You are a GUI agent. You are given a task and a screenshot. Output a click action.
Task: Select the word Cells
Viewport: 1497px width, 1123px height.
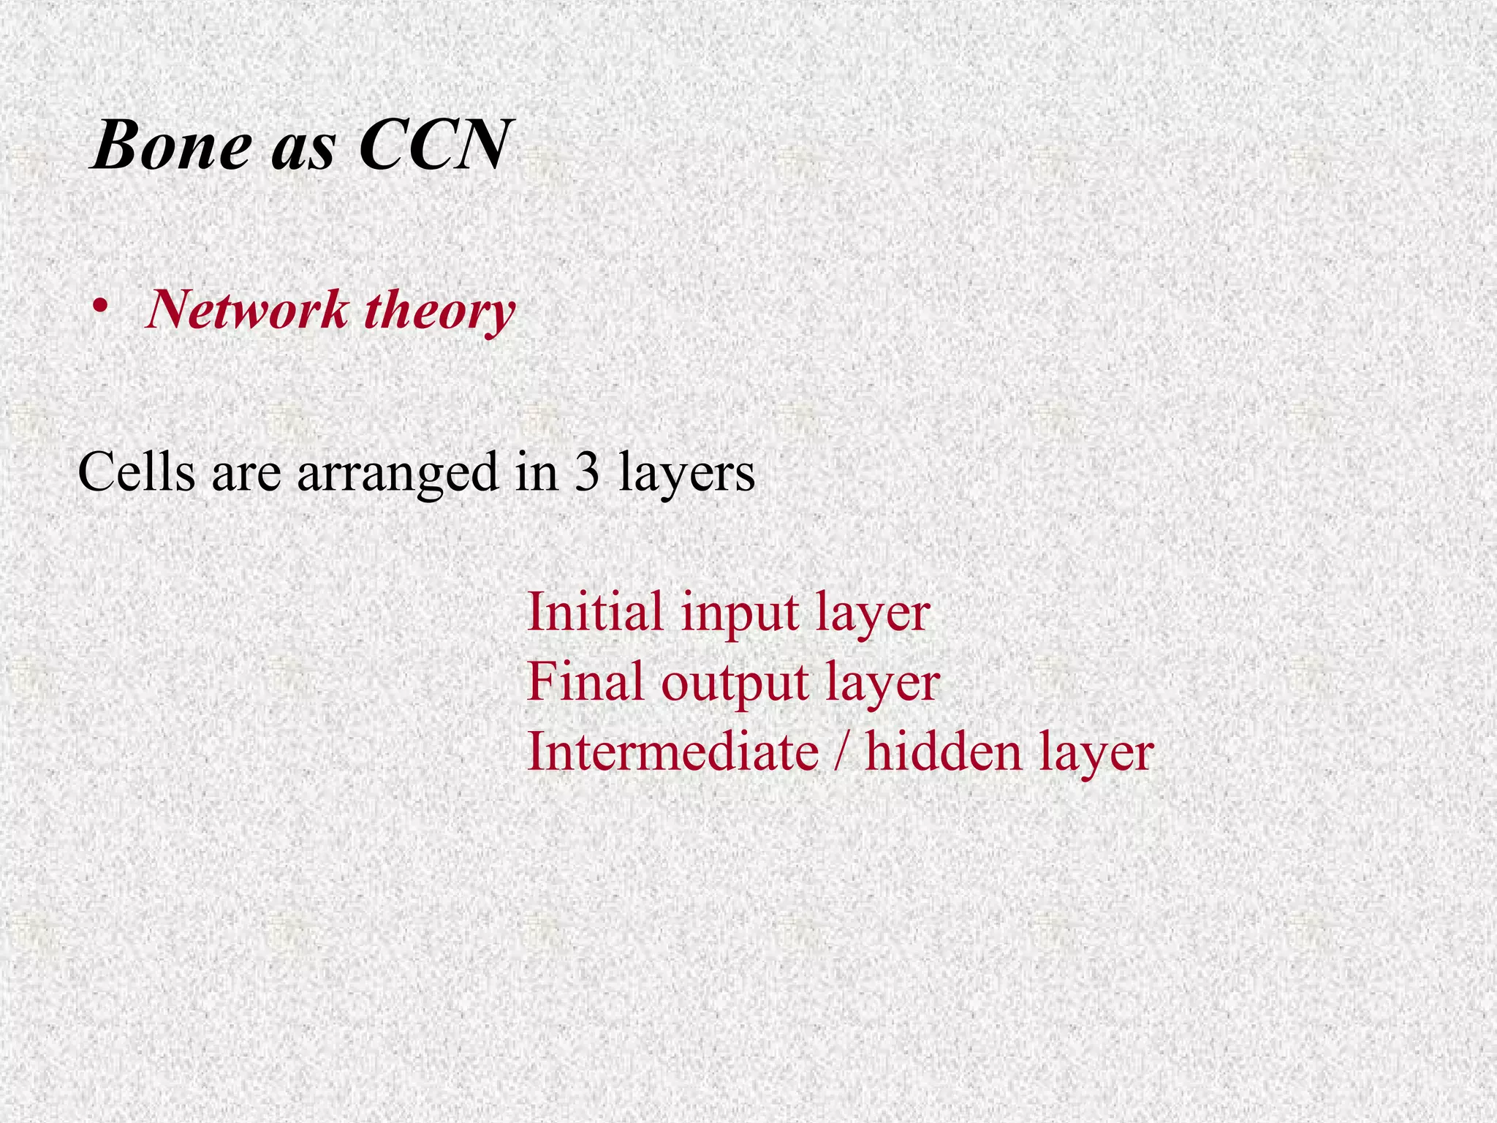pyautogui.click(x=137, y=473)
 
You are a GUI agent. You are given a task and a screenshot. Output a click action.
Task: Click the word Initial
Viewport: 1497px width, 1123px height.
pyautogui.click(x=595, y=612)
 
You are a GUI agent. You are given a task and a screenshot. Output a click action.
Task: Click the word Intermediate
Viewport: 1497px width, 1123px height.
pyautogui.click(x=672, y=752)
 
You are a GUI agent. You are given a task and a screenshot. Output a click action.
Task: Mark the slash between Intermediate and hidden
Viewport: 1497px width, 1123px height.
pyautogui.click(x=841, y=752)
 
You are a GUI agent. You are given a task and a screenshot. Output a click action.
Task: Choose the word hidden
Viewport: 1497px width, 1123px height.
pyautogui.click(x=942, y=752)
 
